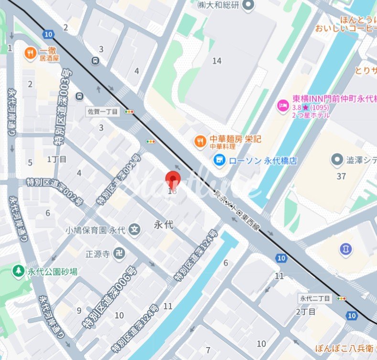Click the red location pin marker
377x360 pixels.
click(173, 180)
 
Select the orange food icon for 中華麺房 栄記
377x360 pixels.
click(200, 141)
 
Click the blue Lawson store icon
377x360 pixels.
click(219, 159)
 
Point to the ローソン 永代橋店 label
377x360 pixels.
click(263, 161)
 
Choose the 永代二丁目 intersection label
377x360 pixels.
click(315, 298)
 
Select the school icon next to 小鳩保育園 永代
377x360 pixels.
click(135, 230)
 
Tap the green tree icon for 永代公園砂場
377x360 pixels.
click(18, 271)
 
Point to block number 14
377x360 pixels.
click(217, 61)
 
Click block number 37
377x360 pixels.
click(341, 176)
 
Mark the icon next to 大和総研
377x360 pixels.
click(248, 5)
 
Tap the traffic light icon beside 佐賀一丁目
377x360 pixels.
click(129, 112)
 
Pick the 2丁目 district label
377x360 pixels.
click(306, 312)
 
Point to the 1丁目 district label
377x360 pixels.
click(57, 159)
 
